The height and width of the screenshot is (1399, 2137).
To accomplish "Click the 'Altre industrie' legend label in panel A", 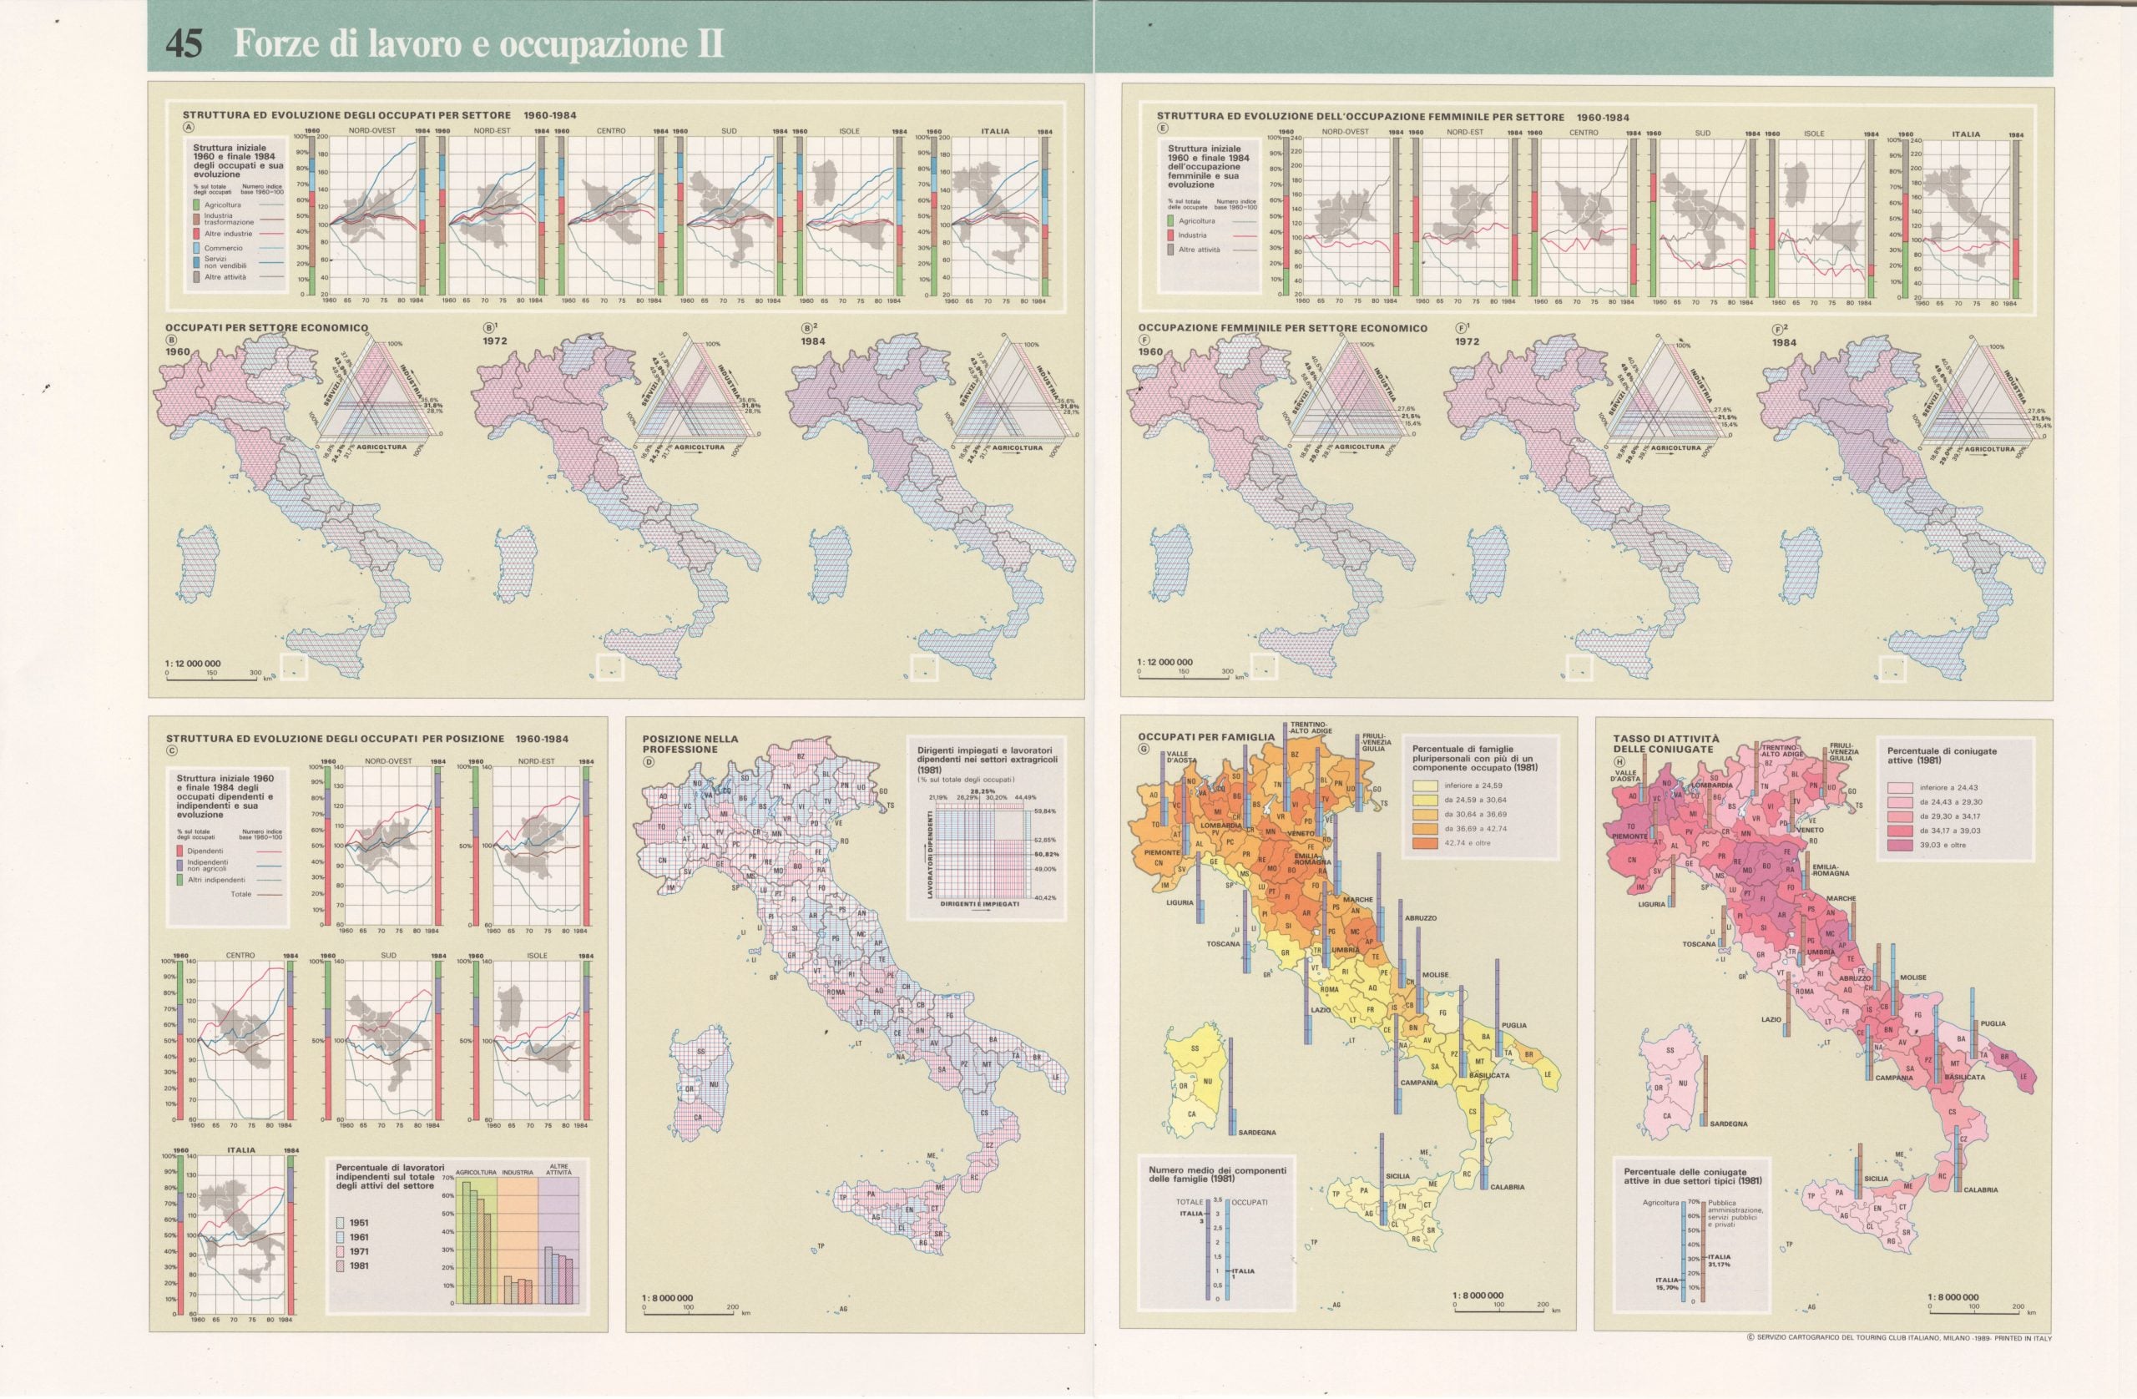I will tap(227, 234).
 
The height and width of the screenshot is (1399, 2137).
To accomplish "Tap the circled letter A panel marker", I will tap(189, 127).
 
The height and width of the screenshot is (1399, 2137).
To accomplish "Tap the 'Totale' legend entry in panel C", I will tap(240, 894).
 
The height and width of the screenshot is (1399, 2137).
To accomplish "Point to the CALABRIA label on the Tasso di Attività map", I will tap(1979, 1189).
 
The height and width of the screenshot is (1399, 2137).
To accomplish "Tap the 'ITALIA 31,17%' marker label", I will tap(1719, 1260).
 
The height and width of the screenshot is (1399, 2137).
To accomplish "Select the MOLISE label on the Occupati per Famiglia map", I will tap(1436, 974).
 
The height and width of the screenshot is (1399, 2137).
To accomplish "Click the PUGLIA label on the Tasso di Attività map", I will tap(1993, 1023).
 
